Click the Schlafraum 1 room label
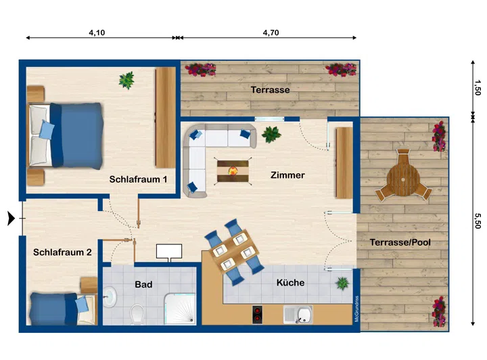tap(138, 179)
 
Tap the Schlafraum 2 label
tap(62, 252)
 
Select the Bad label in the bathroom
tap(143, 284)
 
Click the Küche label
tap(290, 283)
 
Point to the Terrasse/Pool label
tap(400, 242)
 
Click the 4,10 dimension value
tap(97, 32)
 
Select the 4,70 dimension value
tap(271, 32)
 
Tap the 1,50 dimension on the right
tap(478, 87)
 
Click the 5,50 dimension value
tap(478, 221)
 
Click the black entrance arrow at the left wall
tap(11, 219)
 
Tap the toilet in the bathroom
tap(137, 315)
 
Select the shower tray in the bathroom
tap(180, 309)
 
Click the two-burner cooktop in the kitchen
tap(257, 315)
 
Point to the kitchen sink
tap(298, 315)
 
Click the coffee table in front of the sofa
tap(233, 171)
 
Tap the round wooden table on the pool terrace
tap(403, 180)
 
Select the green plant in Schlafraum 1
tap(126, 80)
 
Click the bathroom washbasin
tap(110, 297)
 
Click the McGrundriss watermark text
tap(357, 309)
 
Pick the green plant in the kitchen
tap(342, 284)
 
